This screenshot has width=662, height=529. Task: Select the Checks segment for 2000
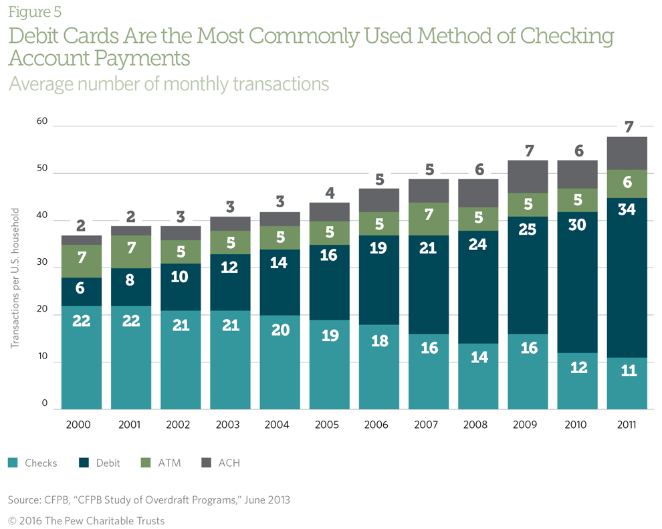tap(81, 358)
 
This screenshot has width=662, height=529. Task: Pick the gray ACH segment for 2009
tap(528, 177)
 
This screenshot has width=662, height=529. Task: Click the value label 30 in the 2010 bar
tap(577, 225)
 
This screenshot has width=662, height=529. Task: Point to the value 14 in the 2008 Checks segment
tap(478, 356)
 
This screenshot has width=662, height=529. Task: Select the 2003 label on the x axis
tap(230, 425)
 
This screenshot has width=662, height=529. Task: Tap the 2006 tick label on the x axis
tap(378, 425)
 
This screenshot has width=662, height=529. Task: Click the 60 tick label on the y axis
tap(42, 122)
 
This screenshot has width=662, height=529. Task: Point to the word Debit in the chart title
tap(41, 36)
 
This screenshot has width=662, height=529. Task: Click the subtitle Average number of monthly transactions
tap(169, 84)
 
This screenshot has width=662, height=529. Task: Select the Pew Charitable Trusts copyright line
tap(86, 520)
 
